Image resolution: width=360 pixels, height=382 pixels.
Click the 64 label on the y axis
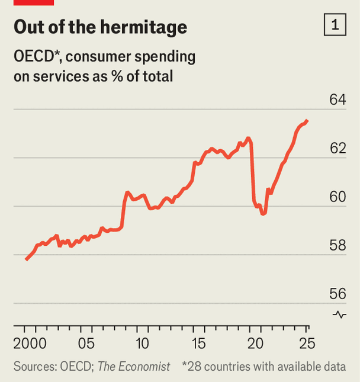337,99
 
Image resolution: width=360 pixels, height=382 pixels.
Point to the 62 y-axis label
337,147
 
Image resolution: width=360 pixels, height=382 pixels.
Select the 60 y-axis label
337,196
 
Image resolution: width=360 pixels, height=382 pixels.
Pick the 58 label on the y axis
337,245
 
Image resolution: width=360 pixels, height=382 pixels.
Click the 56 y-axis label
337,293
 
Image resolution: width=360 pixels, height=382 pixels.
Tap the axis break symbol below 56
339,314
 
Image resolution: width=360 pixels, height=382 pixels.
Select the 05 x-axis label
86,344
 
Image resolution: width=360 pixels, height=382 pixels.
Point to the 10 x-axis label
142,344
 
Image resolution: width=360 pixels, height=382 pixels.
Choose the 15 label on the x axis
198,344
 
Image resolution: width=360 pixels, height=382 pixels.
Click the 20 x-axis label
255,344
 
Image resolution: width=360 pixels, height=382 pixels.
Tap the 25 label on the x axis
307,344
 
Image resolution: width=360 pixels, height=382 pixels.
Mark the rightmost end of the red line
307,121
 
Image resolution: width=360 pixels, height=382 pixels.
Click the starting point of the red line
26,259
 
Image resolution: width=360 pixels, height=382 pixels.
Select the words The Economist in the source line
133,367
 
